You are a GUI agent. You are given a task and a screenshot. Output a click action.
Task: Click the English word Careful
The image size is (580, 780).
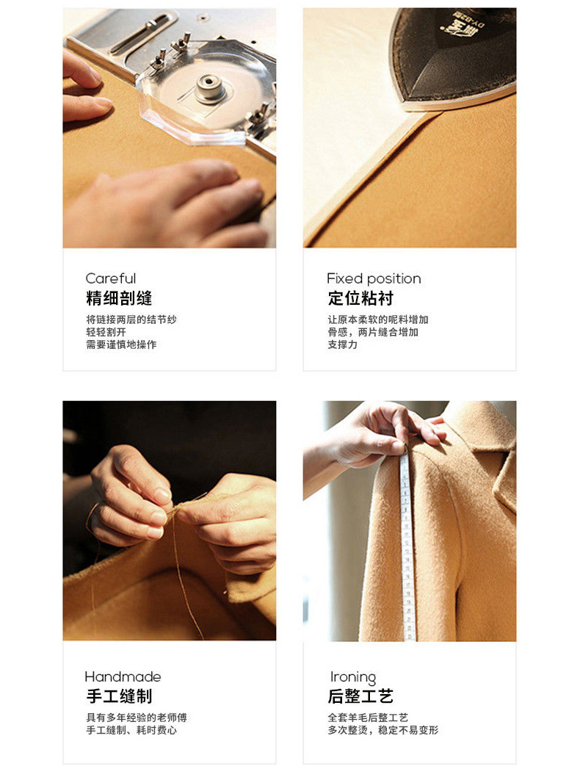pos(110,278)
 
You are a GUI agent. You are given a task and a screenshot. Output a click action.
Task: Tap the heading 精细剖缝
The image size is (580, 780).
pos(119,298)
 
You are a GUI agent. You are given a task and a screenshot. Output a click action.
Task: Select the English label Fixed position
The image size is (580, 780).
pos(374,278)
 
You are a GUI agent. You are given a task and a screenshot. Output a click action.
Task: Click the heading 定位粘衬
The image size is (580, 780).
pos(360,298)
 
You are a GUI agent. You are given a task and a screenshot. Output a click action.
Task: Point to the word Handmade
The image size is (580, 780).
pos(123,676)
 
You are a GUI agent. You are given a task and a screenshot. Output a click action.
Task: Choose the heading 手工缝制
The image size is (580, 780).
pos(120,696)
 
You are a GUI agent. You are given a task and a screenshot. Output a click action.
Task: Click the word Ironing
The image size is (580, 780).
pos(353,677)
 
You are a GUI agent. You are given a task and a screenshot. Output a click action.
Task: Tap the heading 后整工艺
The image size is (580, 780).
pos(360,696)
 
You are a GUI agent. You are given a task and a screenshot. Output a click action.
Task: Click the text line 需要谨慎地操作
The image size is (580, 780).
pos(121,344)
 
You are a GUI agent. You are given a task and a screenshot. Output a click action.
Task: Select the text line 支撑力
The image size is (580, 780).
pos(342,344)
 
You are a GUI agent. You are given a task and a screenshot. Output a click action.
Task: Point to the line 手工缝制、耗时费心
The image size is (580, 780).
pos(131,730)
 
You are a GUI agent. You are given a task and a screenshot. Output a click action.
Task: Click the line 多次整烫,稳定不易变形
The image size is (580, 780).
pos(383,730)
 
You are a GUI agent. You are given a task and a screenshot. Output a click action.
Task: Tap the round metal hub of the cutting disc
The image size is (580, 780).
pos(210,87)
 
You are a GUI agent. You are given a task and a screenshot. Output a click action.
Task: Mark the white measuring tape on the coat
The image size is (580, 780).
pos(407,542)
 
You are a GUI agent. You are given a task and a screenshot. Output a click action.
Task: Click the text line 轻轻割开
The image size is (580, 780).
pos(106,332)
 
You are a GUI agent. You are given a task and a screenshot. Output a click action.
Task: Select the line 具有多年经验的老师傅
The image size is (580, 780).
pos(137,718)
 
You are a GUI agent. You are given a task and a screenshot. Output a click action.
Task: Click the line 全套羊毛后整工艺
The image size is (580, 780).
pos(368,718)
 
